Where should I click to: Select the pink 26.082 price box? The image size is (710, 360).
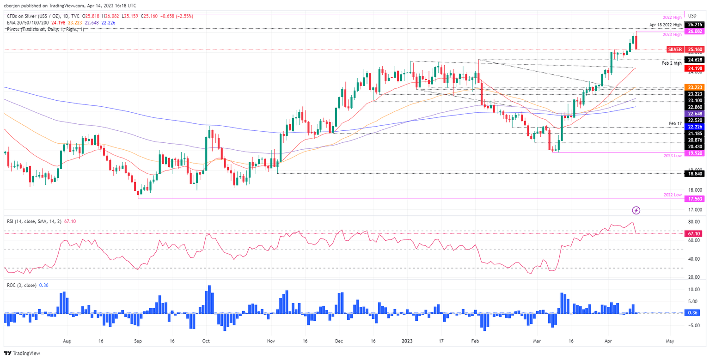695,31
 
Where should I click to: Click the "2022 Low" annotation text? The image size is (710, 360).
673,195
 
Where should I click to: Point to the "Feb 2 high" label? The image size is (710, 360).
671,63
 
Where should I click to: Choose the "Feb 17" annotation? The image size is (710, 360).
675,124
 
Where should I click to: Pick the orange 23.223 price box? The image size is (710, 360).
695,87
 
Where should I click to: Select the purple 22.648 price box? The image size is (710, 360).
695,114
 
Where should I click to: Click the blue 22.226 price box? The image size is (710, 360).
695,127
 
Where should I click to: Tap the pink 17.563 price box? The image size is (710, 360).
695,199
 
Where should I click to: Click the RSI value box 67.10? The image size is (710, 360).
695,234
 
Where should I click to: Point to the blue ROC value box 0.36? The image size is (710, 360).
695,313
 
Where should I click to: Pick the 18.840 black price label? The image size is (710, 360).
695,174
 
